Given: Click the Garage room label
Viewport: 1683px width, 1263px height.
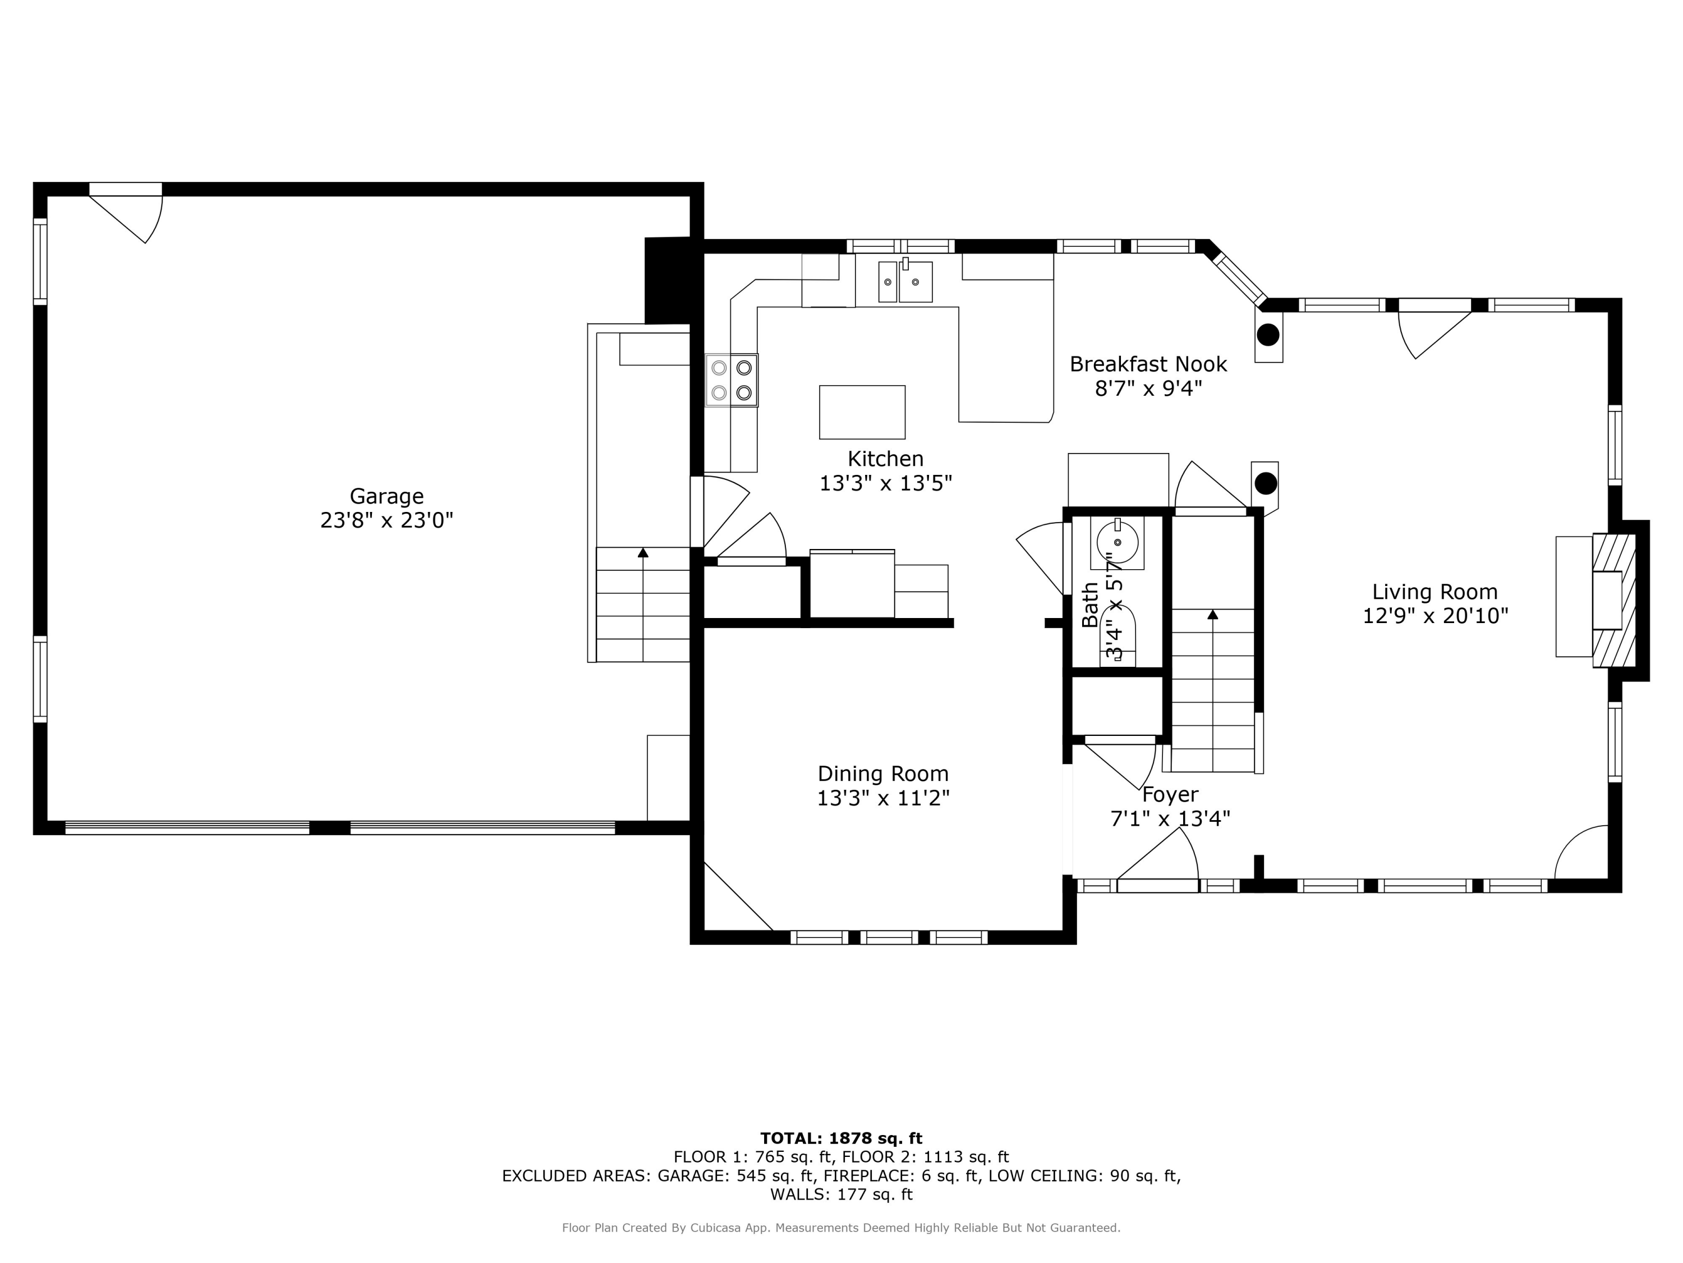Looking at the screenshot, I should click(386, 496).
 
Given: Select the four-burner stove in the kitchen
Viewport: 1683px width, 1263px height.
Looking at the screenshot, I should click(731, 380).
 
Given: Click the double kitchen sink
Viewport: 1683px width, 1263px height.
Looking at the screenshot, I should click(905, 282).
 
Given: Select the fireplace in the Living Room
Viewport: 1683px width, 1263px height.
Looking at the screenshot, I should click(1614, 600).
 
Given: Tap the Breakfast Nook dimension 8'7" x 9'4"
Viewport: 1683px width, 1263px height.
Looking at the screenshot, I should click(1148, 389).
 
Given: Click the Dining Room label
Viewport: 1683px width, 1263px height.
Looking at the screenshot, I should click(882, 774).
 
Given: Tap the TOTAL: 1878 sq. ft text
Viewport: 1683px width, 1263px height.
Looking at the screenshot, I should click(841, 1138).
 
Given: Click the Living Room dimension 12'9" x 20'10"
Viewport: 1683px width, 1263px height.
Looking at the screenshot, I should click(1434, 616).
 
